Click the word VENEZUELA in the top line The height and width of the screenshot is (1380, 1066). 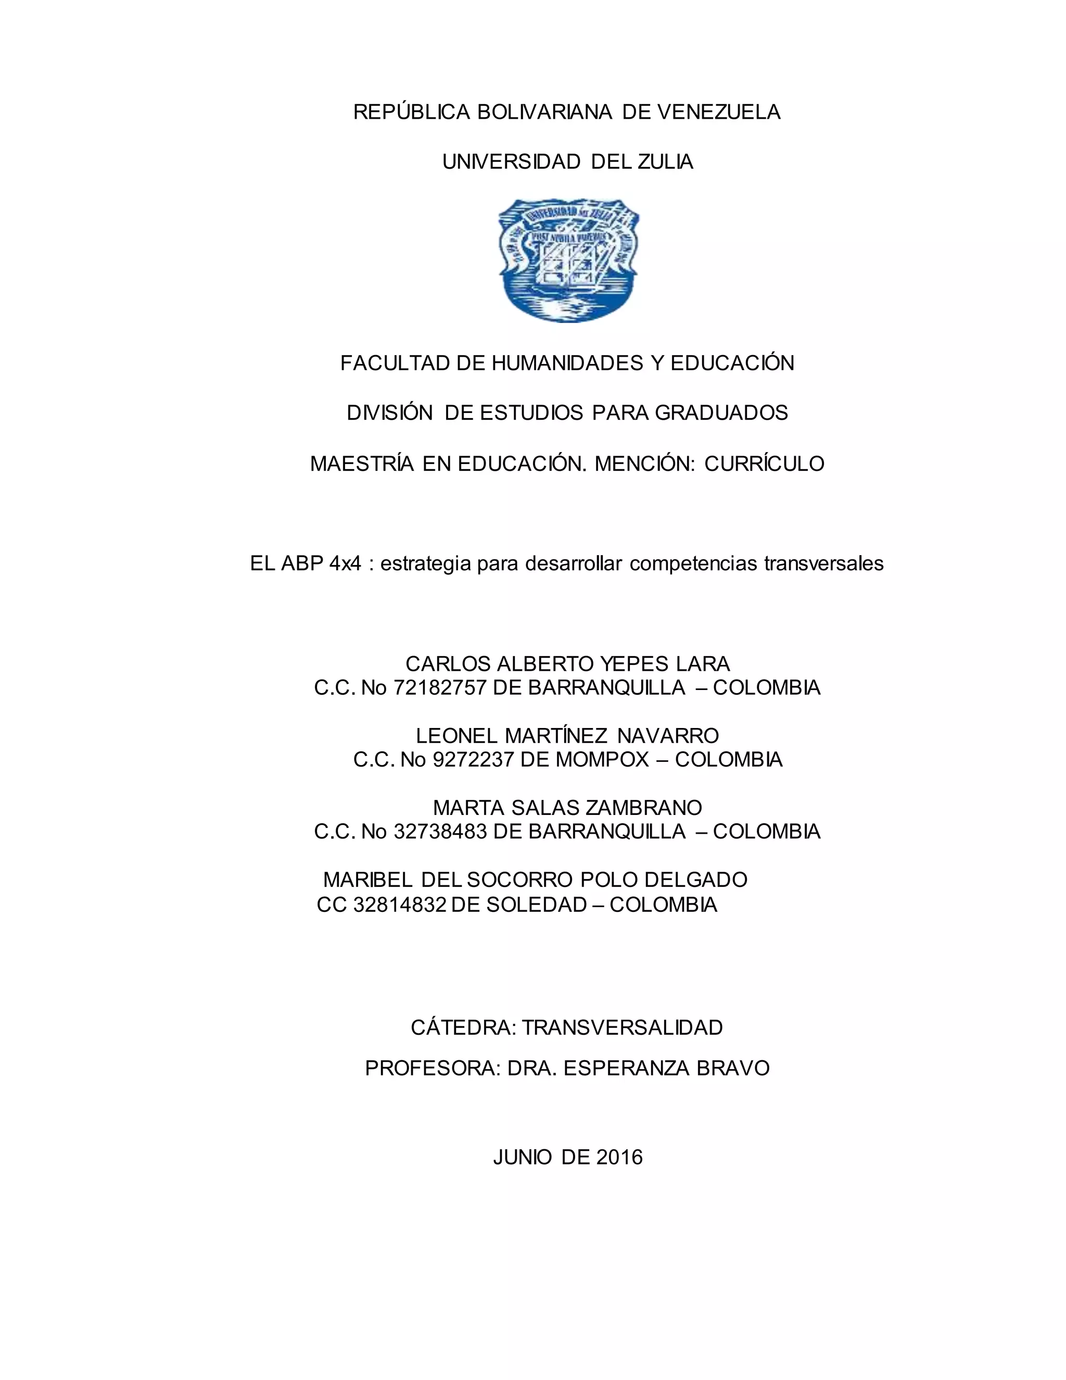[719, 112]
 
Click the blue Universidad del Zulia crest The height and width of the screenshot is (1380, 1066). [569, 260]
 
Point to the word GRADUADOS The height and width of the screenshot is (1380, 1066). [721, 412]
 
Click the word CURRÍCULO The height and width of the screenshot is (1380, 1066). [764, 464]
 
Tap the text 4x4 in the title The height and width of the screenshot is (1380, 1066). [346, 563]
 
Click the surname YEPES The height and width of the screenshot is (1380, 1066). [634, 664]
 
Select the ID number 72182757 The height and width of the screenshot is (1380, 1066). [439, 687]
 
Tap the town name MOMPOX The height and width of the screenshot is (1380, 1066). [602, 759]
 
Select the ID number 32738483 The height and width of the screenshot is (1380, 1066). [439, 832]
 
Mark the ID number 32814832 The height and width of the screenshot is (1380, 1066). [400, 905]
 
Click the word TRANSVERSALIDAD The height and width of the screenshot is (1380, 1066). [622, 1027]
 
